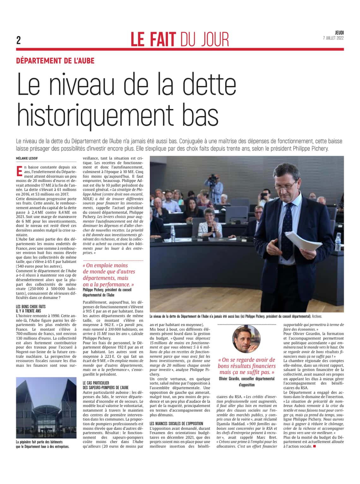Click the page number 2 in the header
19,40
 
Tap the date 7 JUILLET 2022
333,38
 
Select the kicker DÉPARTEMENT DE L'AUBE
55,60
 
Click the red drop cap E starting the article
19,170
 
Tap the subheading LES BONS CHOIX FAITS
31,306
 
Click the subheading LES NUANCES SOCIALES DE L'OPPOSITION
176,423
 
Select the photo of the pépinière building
46,408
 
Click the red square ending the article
314,446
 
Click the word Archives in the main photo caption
317,316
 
